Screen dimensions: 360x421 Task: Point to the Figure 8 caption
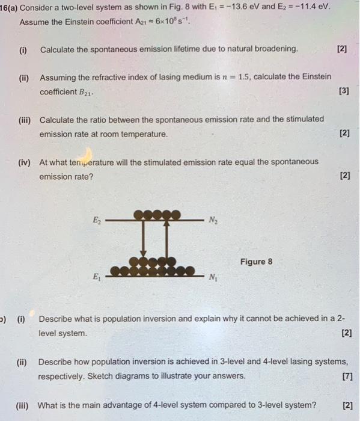[256, 262]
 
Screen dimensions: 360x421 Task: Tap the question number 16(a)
[11, 7]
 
